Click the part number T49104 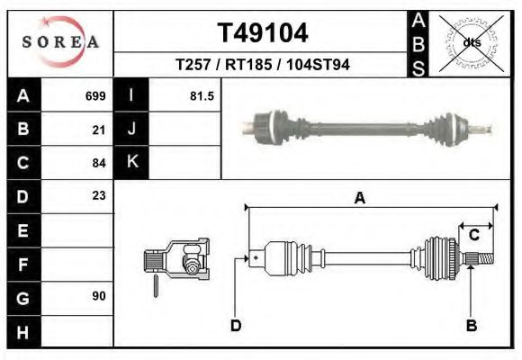click(x=263, y=33)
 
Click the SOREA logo click(x=60, y=41)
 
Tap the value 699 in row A click(x=95, y=96)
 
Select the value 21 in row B click(x=99, y=130)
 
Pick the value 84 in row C click(x=99, y=163)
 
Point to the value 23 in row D click(x=99, y=195)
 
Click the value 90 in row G click(x=99, y=296)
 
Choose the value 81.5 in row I click(x=202, y=96)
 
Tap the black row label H click(x=24, y=332)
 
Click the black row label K click(x=131, y=162)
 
